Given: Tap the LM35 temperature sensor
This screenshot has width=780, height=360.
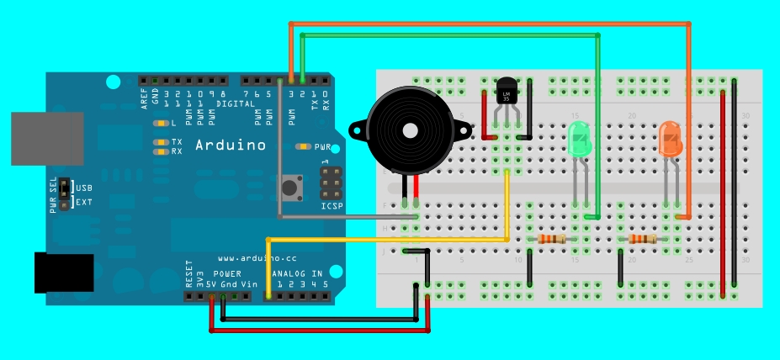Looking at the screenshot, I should pyautogui.click(x=506, y=91).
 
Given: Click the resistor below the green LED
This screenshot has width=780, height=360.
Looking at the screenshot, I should pyautogui.click(x=552, y=240).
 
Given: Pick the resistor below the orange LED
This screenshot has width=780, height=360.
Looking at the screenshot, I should pyautogui.click(x=643, y=240).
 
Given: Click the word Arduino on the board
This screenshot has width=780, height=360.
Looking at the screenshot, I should pyautogui.click(x=231, y=145).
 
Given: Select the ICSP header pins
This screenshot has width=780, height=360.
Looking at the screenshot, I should pyautogui.click(x=331, y=182).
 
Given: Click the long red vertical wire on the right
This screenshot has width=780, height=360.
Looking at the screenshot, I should pyautogui.click(x=724, y=193).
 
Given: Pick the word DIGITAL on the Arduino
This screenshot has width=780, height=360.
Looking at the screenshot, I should pyautogui.click(x=236, y=103).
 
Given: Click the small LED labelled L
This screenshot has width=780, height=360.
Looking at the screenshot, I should pyautogui.click(x=159, y=123).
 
